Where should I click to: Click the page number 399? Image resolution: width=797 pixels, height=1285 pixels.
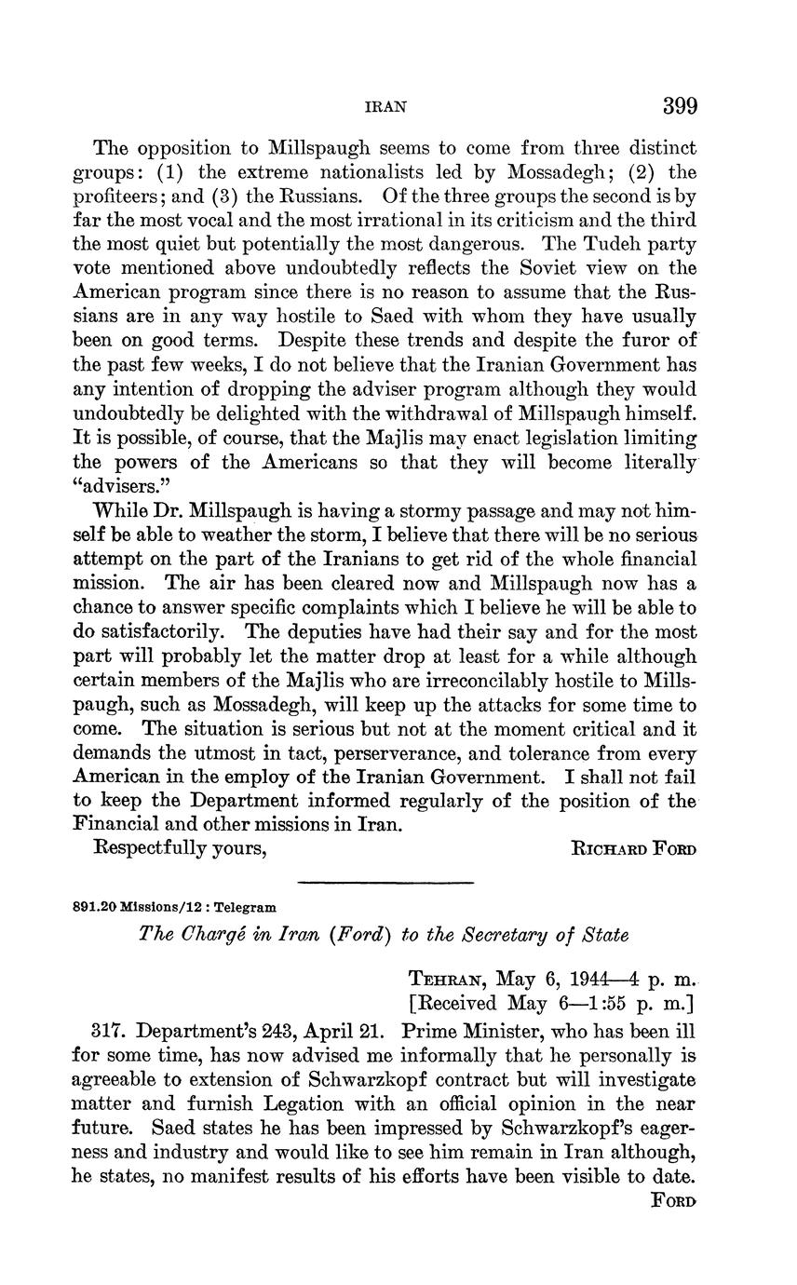680,106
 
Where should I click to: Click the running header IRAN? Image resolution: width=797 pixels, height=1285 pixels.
384,107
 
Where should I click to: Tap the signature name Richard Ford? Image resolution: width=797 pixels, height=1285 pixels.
633,849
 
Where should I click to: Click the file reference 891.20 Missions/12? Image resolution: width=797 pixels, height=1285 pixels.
142,906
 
